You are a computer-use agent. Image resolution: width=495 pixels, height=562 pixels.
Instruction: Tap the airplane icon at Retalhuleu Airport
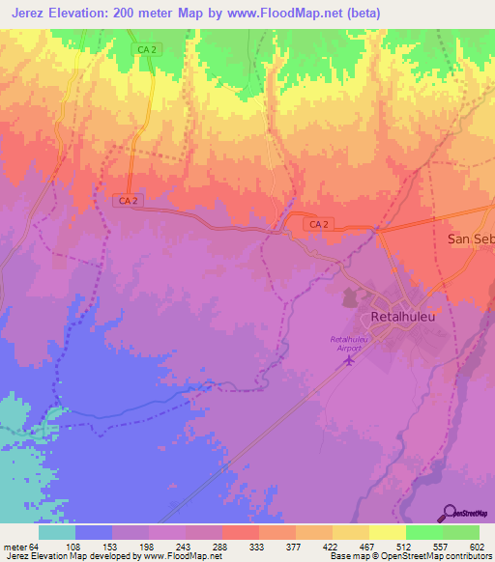350,361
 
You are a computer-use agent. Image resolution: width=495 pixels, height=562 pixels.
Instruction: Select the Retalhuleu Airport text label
352,344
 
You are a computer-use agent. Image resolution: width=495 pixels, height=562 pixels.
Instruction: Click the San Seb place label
470,238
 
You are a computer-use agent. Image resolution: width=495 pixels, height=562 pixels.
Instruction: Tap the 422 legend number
332,546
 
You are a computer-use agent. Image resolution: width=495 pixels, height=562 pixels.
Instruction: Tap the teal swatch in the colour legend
57,532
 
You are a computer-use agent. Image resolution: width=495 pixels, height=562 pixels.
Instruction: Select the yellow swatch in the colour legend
388,532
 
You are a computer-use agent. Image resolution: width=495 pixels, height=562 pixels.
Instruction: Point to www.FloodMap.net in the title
282,13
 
